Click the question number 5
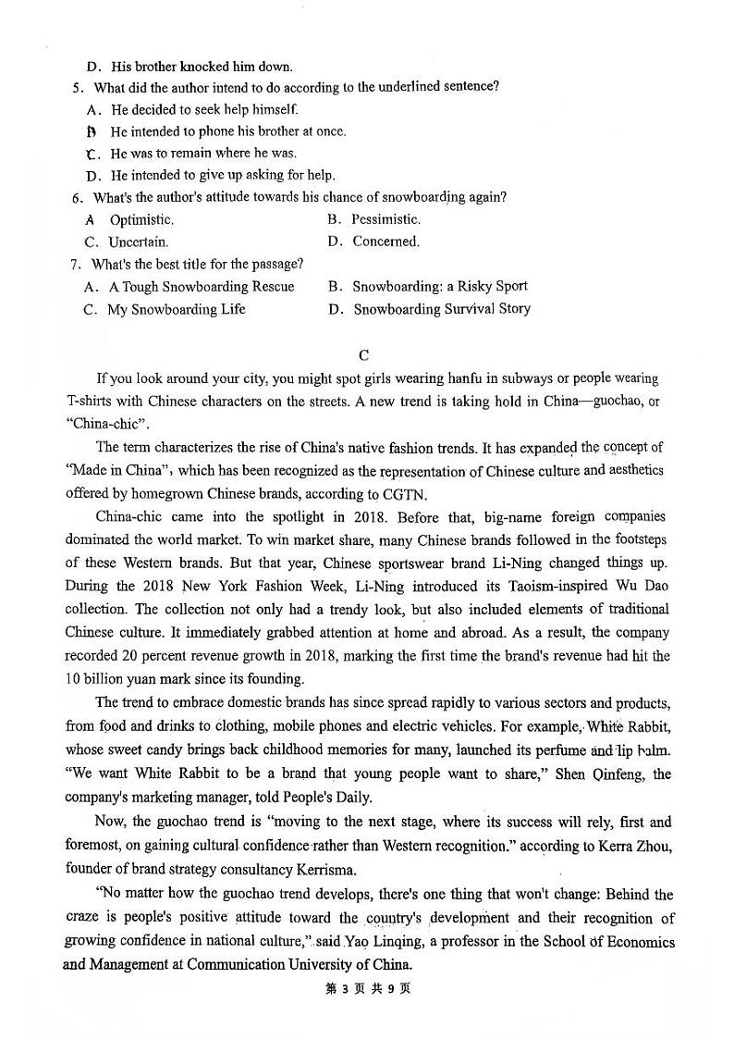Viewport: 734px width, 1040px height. pyautogui.click(x=76, y=88)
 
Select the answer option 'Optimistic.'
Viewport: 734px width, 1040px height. pyautogui.click(x=141, y=220)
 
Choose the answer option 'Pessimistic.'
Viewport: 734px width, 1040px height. pyautogui.click(x=385, y=219)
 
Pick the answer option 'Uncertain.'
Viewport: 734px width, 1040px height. pyautogui.click(x=138, y=242)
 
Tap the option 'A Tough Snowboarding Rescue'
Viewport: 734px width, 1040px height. pyautogui.click(x=202, y=287)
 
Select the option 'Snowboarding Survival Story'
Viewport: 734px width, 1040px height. pyautogui.click(x=442, y=309)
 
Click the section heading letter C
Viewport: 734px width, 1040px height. pyautogui.click(x=364, y=354)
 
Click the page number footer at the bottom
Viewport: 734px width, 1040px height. pyautogui.click(x=368, y=988)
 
